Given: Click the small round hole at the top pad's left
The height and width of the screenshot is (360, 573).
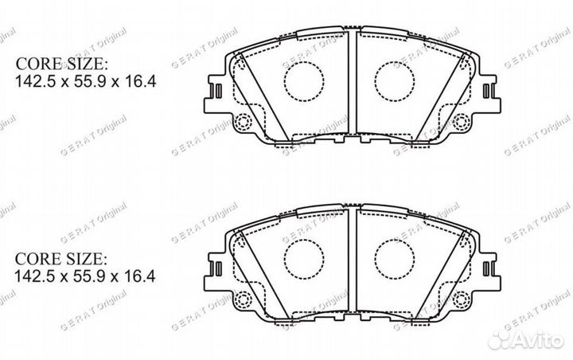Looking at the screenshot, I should pos(244,122).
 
